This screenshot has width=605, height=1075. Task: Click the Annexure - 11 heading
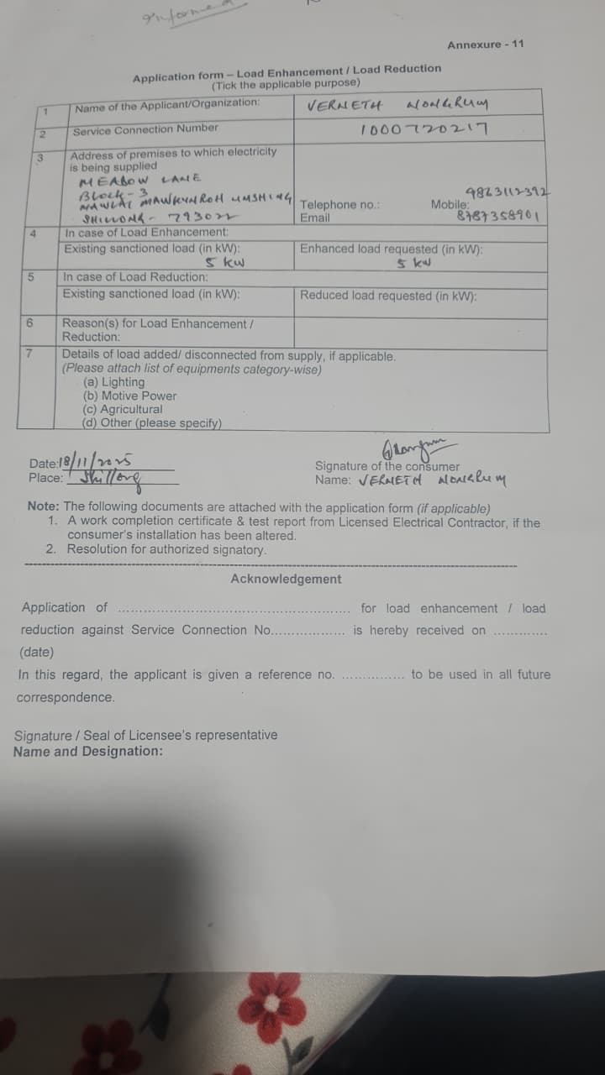(x=485, y=44)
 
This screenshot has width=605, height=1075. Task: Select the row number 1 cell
(x=50, y=110)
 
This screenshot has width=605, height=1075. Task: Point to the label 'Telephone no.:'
(x=335, y=205)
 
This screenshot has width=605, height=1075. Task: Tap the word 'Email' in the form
(x=315, y=218)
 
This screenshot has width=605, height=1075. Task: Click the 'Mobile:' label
(x=450, y=204)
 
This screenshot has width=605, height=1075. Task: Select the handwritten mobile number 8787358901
(x=502, y=216)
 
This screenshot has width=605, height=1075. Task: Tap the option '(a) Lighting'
(x=113, y=382)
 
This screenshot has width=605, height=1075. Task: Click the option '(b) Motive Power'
(x=129, y=396)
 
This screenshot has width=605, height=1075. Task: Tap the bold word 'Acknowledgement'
(x=286, y=579)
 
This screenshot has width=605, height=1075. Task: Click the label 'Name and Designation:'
(x=87, y=752)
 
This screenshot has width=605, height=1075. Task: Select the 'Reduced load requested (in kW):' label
(x=388, y=295)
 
